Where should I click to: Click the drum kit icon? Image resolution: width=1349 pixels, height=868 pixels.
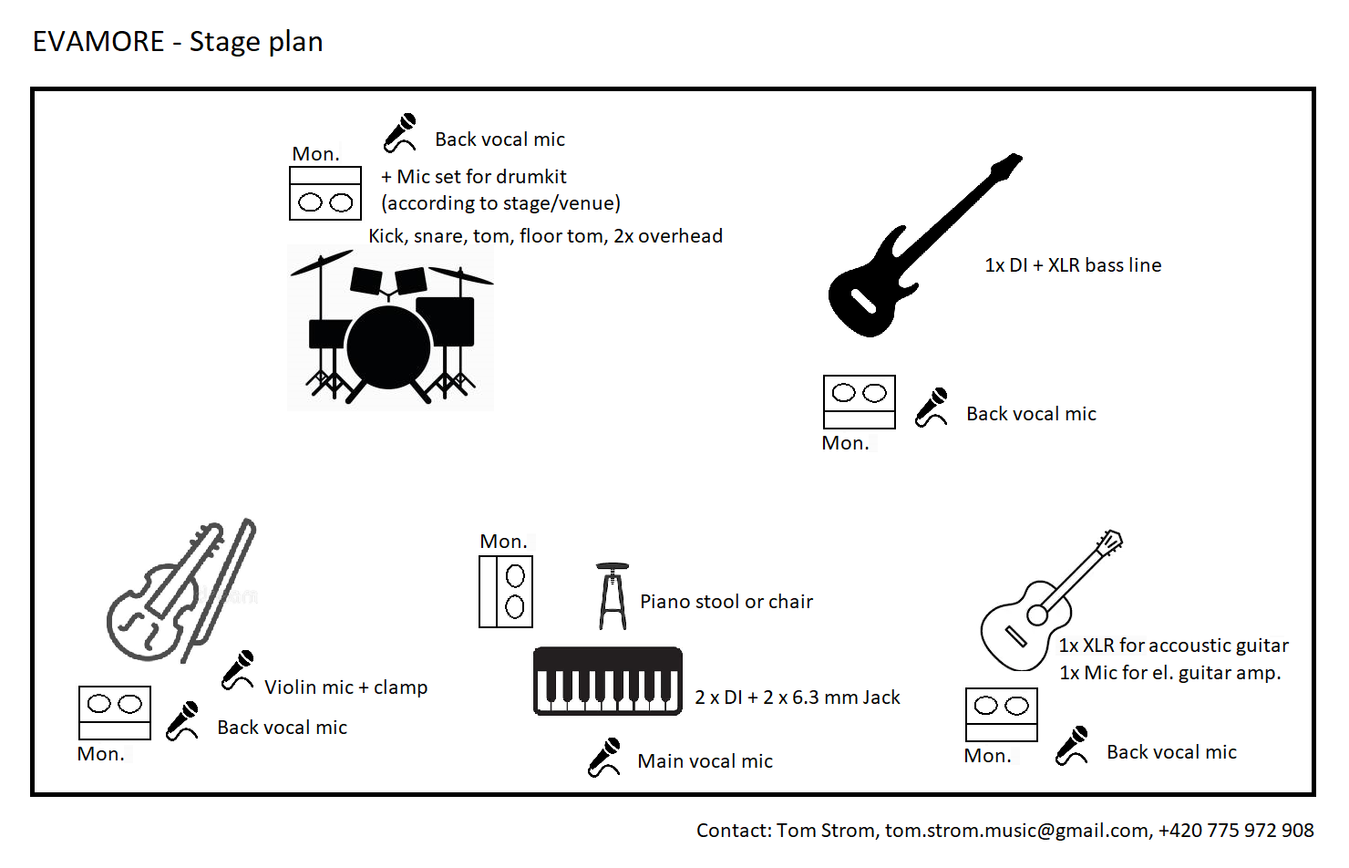pos(390,328)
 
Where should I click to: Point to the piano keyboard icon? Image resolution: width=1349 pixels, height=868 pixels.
pos(608,681)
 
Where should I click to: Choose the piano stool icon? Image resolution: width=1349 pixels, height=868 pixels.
pos(613,596)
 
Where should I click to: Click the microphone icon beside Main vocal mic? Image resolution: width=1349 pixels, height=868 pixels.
pos(604,758)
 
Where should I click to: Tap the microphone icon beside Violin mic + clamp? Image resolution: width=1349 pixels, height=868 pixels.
pos(239,670)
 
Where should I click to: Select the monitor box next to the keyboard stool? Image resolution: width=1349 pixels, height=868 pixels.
pos(506,592)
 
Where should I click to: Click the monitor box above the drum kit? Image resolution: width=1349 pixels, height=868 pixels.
pos(325,193)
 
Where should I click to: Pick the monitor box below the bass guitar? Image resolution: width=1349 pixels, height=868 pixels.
pos(859,401)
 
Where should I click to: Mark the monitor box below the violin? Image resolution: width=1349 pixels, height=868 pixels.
pos(115,712)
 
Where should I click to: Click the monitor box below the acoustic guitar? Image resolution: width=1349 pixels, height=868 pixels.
pos(1001,714)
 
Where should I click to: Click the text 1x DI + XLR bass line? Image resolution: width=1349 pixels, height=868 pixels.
pos(1073,265)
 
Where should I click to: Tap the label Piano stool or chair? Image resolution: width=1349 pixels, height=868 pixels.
pos(726,602)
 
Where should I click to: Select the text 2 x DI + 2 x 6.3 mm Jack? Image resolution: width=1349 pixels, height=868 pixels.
pos(798,697)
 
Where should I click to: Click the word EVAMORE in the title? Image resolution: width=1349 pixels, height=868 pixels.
pos(98,42)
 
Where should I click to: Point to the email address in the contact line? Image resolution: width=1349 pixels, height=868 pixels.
pos(1017,831)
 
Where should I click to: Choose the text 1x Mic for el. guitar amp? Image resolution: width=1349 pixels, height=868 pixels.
pos(1170,673)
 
